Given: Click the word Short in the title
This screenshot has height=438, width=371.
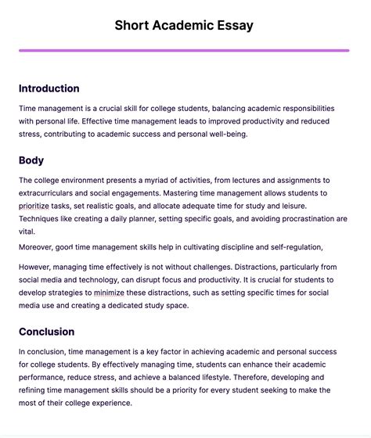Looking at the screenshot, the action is (134, 25).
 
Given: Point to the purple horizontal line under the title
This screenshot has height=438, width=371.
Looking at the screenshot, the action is (184, 51).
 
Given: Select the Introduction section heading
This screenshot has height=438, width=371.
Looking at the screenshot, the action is (49, 88).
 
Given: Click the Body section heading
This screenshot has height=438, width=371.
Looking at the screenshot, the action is (31, 160).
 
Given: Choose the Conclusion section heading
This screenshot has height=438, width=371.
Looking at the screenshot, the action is (47, 332).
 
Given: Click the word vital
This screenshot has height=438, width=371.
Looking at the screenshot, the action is (28, 232).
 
